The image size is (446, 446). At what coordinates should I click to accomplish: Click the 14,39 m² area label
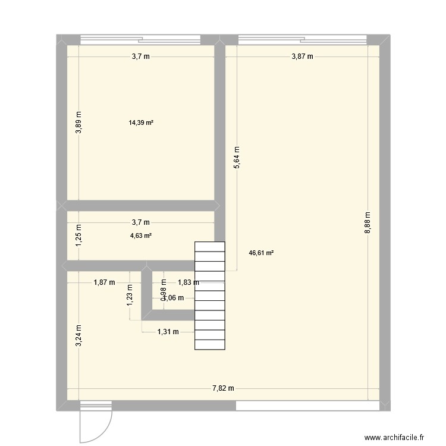tap(141, 123)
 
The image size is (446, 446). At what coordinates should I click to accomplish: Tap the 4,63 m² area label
tap(141, 235)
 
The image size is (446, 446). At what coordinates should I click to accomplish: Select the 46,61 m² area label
tap(261, 253)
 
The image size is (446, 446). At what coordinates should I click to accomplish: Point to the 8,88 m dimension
tap(368, 223)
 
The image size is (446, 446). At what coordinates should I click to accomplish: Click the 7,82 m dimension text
tap(223, 388)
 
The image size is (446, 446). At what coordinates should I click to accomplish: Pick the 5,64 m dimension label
tap(237, 158)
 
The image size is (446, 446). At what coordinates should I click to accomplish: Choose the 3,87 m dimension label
tap(302, 56)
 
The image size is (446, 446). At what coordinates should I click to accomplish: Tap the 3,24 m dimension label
tap(79, 335)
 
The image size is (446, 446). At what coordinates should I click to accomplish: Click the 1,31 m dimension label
tap(168, 332)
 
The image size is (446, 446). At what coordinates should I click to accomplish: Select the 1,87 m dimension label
tap(105, 283)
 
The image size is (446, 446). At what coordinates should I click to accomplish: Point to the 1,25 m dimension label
tap(79, 235)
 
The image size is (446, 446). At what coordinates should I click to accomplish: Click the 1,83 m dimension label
tap(189, 283)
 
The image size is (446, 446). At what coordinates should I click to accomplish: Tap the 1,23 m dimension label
tap(130, 295)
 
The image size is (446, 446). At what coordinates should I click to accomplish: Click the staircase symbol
tap(210, 296)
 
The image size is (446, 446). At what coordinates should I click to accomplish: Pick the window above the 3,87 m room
tap(302, 40)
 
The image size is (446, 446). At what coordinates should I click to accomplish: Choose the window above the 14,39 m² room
tap(141, 40)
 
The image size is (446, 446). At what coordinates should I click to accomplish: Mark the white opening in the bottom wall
tap(308, 406)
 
